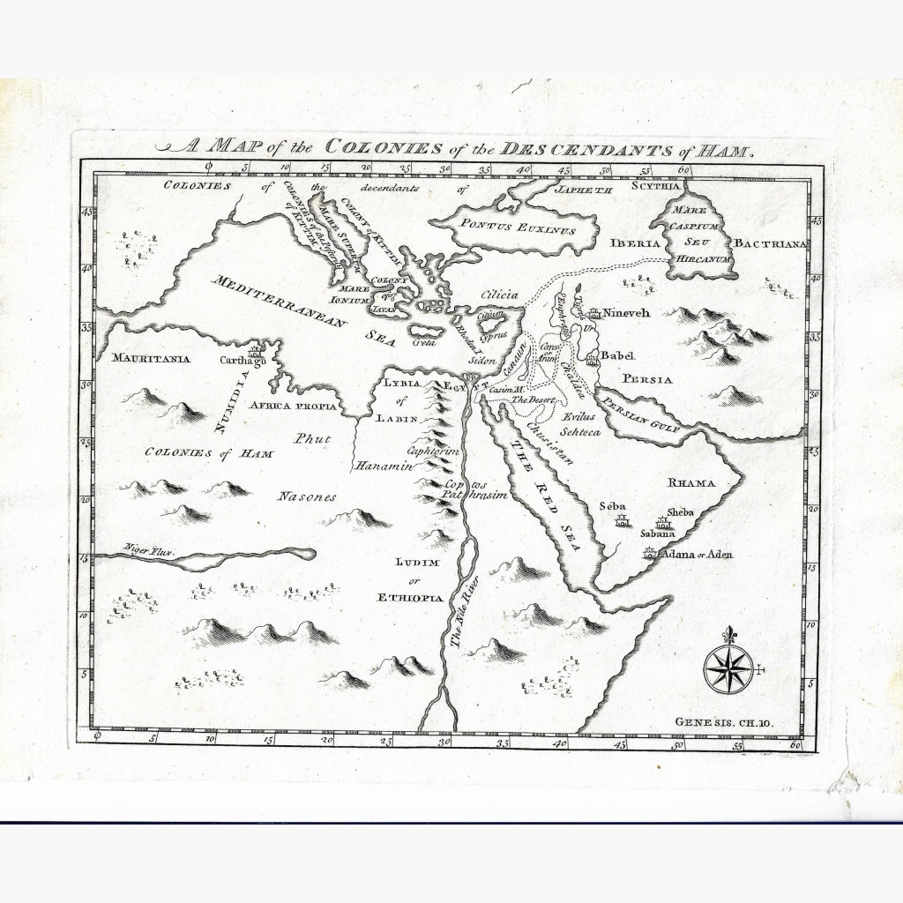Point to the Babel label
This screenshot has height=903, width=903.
click(x=617, y=355)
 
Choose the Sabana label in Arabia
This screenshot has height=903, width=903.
click(x=657, y=533)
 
